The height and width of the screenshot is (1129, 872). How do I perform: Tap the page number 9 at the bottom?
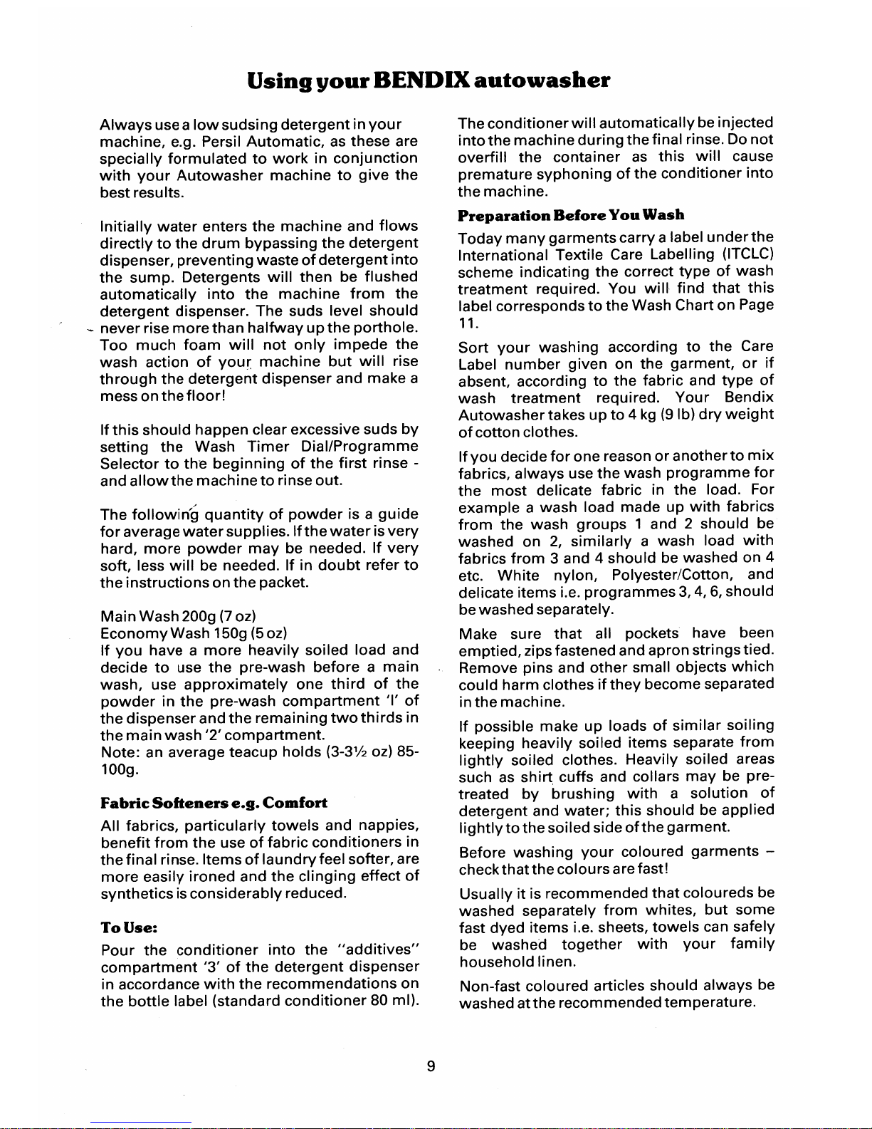tap(430, 1066)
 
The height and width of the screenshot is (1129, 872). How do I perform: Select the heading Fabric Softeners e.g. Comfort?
tap(214, 803)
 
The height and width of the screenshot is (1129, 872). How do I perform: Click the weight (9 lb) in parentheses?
tap(673, 415)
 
